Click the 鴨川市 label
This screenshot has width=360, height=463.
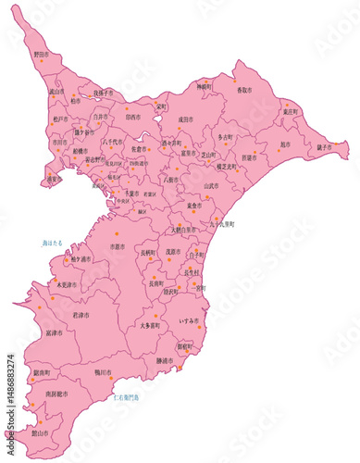pos(103,372)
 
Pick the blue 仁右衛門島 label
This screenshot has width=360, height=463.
pos(126,395)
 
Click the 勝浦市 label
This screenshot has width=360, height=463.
pos(165,360)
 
